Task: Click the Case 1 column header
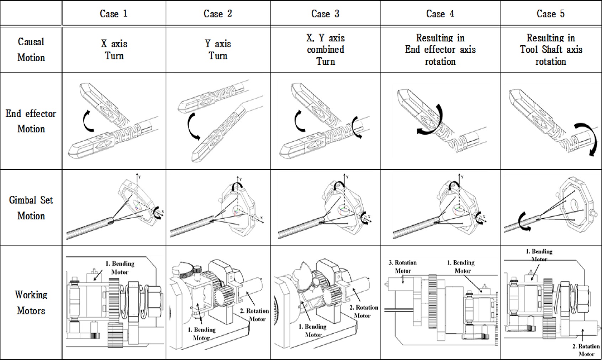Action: click(113, 14)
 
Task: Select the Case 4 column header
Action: click(440, 14)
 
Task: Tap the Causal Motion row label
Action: click(31, 49)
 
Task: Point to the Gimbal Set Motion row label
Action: click(31, 208)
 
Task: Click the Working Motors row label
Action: click(31, 302)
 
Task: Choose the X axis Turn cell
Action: click(114, 49)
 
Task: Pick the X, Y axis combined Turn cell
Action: click(325, 49)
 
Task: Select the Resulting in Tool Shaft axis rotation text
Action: click(550, 49)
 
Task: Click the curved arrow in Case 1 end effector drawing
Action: click(87, 121)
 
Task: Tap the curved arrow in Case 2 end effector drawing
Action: click(192, 126)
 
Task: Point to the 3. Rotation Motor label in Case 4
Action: click(402, 266)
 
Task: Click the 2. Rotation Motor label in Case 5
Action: click(586, 350)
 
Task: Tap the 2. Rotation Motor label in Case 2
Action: click(254, 315)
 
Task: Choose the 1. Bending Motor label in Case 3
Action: click(313, 330)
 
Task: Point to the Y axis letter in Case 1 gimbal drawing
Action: click(139, 177)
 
